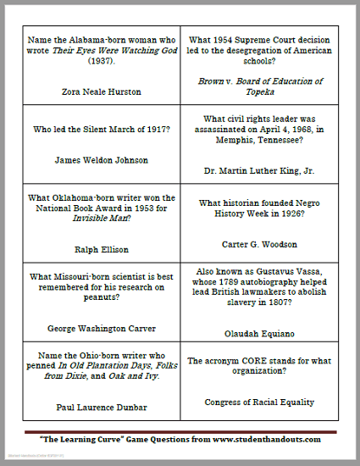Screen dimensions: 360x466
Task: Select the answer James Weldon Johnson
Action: click(x=100, y=159)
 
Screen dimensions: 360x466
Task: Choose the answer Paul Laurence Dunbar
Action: click(x=100, y=407)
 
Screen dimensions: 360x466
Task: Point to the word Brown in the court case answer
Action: click(x=211, y=81)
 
